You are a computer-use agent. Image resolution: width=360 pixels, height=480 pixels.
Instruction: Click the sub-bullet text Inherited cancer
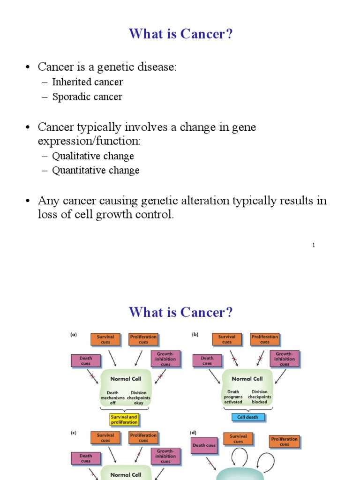[87, 82]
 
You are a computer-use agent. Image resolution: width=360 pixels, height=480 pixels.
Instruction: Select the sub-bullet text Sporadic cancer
[87, 97]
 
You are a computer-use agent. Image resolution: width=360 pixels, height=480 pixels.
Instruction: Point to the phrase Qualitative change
[93, 156]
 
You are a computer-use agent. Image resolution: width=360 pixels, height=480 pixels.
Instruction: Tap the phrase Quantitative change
[96, 171]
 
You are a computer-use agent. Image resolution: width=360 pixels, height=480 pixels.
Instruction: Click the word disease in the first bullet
[157, 67]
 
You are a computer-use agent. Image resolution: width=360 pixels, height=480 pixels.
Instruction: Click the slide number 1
[313, 245]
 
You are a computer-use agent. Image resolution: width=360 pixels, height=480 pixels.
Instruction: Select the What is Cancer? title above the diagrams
[180, 312]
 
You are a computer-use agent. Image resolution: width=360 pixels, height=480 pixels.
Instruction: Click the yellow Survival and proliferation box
[124, 419]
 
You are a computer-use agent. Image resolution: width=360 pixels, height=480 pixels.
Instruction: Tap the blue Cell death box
[248, 417]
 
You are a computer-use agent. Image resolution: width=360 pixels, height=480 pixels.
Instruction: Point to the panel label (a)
[74, 335]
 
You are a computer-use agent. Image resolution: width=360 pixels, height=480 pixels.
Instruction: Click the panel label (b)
[195, 335]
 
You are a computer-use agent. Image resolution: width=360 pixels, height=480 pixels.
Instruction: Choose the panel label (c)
[74, 434]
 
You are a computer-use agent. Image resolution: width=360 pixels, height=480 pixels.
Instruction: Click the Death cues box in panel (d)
[204, 445]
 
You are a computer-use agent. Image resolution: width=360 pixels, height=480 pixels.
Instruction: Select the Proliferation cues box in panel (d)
[284, 442]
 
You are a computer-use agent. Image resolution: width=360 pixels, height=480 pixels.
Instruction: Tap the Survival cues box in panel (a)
[105, 339]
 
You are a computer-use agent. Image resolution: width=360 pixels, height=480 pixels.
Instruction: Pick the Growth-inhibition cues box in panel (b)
[284, 359]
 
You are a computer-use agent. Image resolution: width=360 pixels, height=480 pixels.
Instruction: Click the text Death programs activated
[233, 397]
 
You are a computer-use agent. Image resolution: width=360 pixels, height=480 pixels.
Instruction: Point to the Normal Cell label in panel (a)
[126, 379]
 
